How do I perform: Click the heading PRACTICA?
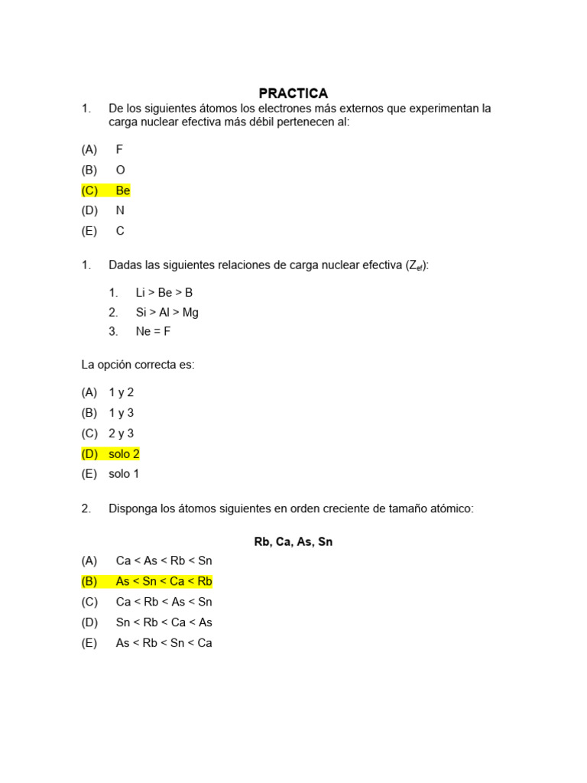(x=293, y=93)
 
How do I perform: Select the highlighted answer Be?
(x=123, y=190)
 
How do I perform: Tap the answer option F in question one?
(x=119, y=150)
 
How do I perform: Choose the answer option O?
(x=120, y=170)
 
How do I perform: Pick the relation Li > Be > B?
(x=164, y=292)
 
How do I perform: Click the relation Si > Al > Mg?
(x=167, y=312)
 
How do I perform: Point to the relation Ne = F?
(x=153, y=332)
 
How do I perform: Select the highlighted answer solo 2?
(x=124, y=453)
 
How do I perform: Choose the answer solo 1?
(x=124, y=473)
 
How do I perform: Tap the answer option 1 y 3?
(x=121, y=413)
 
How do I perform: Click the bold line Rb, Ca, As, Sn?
(x=293, y=542)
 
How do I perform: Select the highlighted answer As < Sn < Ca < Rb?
(x=164, y=581)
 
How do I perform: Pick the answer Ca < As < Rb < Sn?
(x=164, y=560)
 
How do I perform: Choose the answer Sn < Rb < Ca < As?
(x=164, y=622)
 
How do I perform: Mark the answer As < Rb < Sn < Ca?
(x=164, y=643)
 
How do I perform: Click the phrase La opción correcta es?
(x=138, y=365)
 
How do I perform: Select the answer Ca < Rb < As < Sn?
(x=164, y=602)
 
